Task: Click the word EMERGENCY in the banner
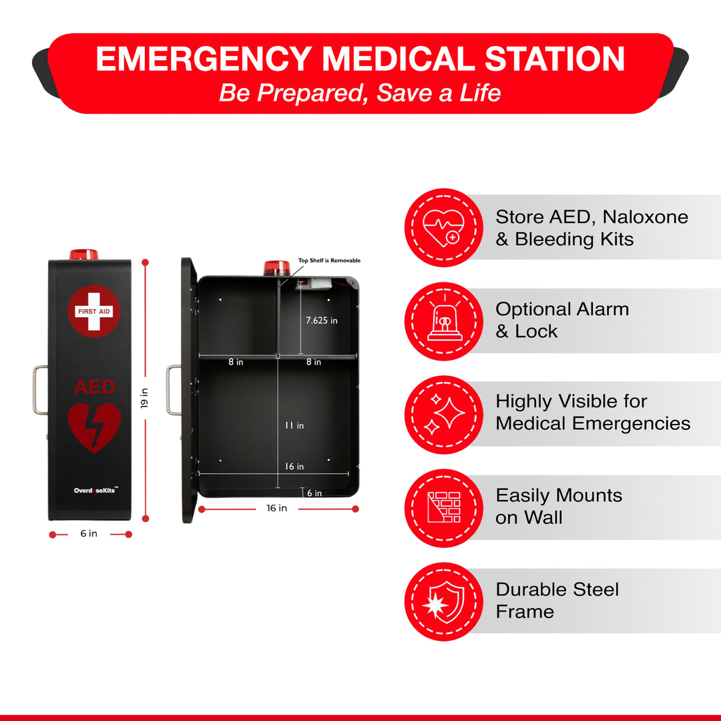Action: pyautogui.click(x=204, y=59)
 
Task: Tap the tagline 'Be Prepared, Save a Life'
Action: pyautogui.click(x=360, y=93)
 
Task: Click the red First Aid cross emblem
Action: pyautogui.click(x=94, y=311)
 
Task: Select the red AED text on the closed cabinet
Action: pyautogui.click(x=94, y=387)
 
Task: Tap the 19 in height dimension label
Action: pyautogui.click(x=144, y=398)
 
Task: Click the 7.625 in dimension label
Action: pyautogui.click(x=321, y=320)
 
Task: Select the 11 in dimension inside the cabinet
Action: pyautogui.click(x=294, y=425)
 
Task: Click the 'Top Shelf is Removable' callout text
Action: pyautogui.click(x=329, y=260)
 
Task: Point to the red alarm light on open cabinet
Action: pyautogui.click(x=277, y=268)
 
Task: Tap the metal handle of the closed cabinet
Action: pyautogui.click(x=39, y=390)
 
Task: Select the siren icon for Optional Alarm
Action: pyautogui.click(x=445, y=321)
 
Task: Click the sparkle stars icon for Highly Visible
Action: pyautogui.click(x=444, y=415)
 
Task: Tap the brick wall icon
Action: pyautogui.click(x=444, y=507)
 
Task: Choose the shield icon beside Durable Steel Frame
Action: pyautogui.click(x=444, y=602)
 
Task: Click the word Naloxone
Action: pyautogui.click(x=645, y=216)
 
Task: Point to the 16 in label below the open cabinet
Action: pyautogui.click(x=277, y=508)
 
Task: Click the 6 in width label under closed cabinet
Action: pyautogui.click(x=89, y=533)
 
